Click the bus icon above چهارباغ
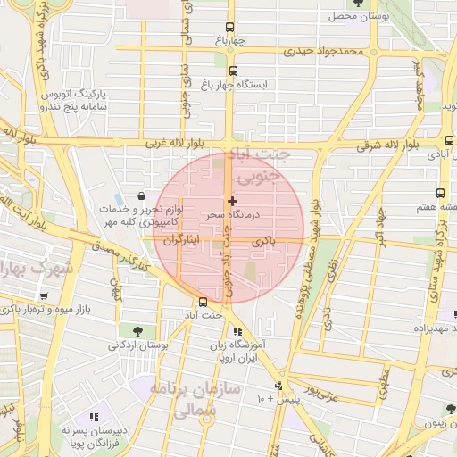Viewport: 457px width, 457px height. tap(229, 27)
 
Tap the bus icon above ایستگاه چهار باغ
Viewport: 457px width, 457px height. tap(234, 71)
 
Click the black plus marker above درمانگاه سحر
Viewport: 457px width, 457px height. tap(232, 202)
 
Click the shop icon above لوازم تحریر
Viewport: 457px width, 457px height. tap(141, 195)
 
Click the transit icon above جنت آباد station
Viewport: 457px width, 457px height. tap(204, 302)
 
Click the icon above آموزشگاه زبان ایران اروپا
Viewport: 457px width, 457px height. tap(237, 332)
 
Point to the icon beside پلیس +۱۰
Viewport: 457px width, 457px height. tap(280, 386)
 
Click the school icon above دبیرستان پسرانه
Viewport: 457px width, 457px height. tap(94, 417)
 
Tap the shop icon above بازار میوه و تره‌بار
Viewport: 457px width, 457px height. tap(45, 296)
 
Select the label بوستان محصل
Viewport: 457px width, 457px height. tap(354, 16)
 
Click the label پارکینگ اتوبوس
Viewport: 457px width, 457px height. tap(75, 93)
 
